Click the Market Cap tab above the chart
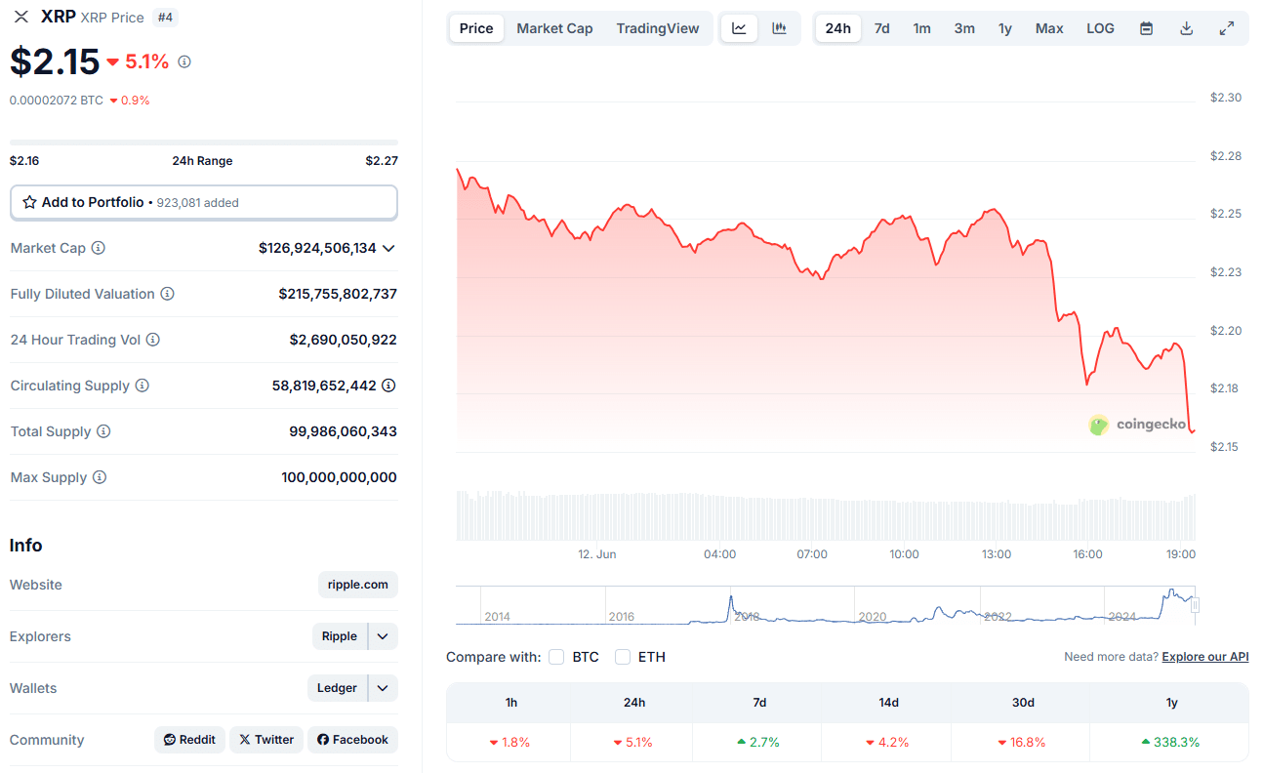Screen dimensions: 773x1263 554,28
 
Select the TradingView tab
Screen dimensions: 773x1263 658,28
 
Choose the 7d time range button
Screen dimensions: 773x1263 881,28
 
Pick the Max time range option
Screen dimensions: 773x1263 1049,28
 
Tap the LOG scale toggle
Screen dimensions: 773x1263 1100,28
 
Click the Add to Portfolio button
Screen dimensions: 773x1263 203,202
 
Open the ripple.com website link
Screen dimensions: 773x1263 357,585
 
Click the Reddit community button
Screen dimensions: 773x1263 189,740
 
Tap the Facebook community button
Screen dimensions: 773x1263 352,740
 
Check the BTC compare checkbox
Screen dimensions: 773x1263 556,657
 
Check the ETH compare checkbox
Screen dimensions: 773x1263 623,657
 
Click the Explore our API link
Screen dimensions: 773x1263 1204,657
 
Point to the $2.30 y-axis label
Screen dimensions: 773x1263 1225,98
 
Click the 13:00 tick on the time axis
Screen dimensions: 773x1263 996,554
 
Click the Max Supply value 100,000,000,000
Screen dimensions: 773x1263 339,477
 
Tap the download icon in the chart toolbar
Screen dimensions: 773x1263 1187,28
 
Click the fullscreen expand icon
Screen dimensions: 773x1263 1227,28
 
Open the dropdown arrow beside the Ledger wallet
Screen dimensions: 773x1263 384,688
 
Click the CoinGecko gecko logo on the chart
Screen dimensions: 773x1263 1099,425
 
